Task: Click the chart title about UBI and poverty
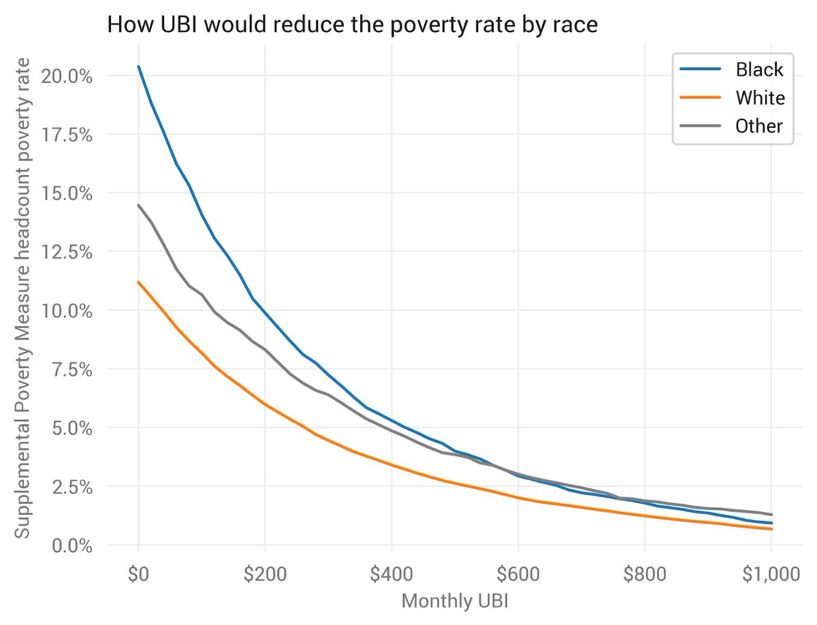point(352,25)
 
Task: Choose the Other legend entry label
point(759,126)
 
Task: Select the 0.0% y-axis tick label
point(70,546)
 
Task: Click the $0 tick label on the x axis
point(138,575)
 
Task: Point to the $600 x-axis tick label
point(517,575)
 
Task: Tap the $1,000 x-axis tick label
point(771,575)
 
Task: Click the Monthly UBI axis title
point(454,601)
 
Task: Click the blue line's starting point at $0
point(139,67)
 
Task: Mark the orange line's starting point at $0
point(139,282)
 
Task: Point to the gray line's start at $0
point(139,205)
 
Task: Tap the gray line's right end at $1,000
point(771,515)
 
